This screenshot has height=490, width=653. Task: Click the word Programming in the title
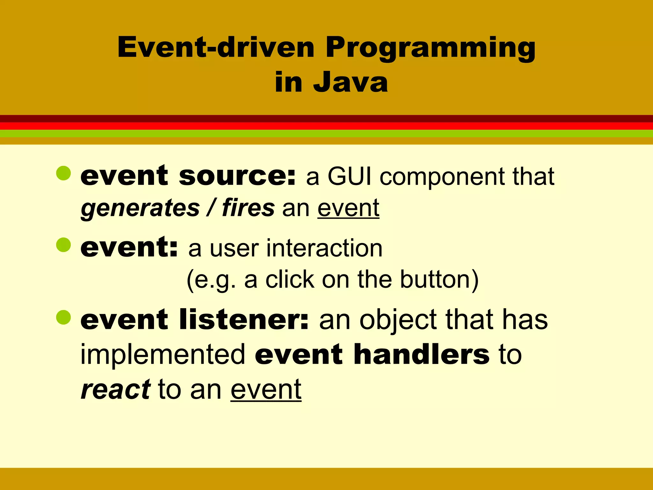[430, 48]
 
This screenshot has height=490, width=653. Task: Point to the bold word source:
[237, 176]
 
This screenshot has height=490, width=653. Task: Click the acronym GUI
[349, 176]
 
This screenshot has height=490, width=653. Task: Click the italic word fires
[248, 208]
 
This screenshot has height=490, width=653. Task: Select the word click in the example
[290, 279]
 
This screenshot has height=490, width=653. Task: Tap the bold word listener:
[244, 320]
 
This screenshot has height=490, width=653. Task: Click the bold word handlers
[421, 354]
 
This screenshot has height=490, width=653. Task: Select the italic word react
[115, 390]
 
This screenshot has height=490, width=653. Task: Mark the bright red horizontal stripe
[326, 126]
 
